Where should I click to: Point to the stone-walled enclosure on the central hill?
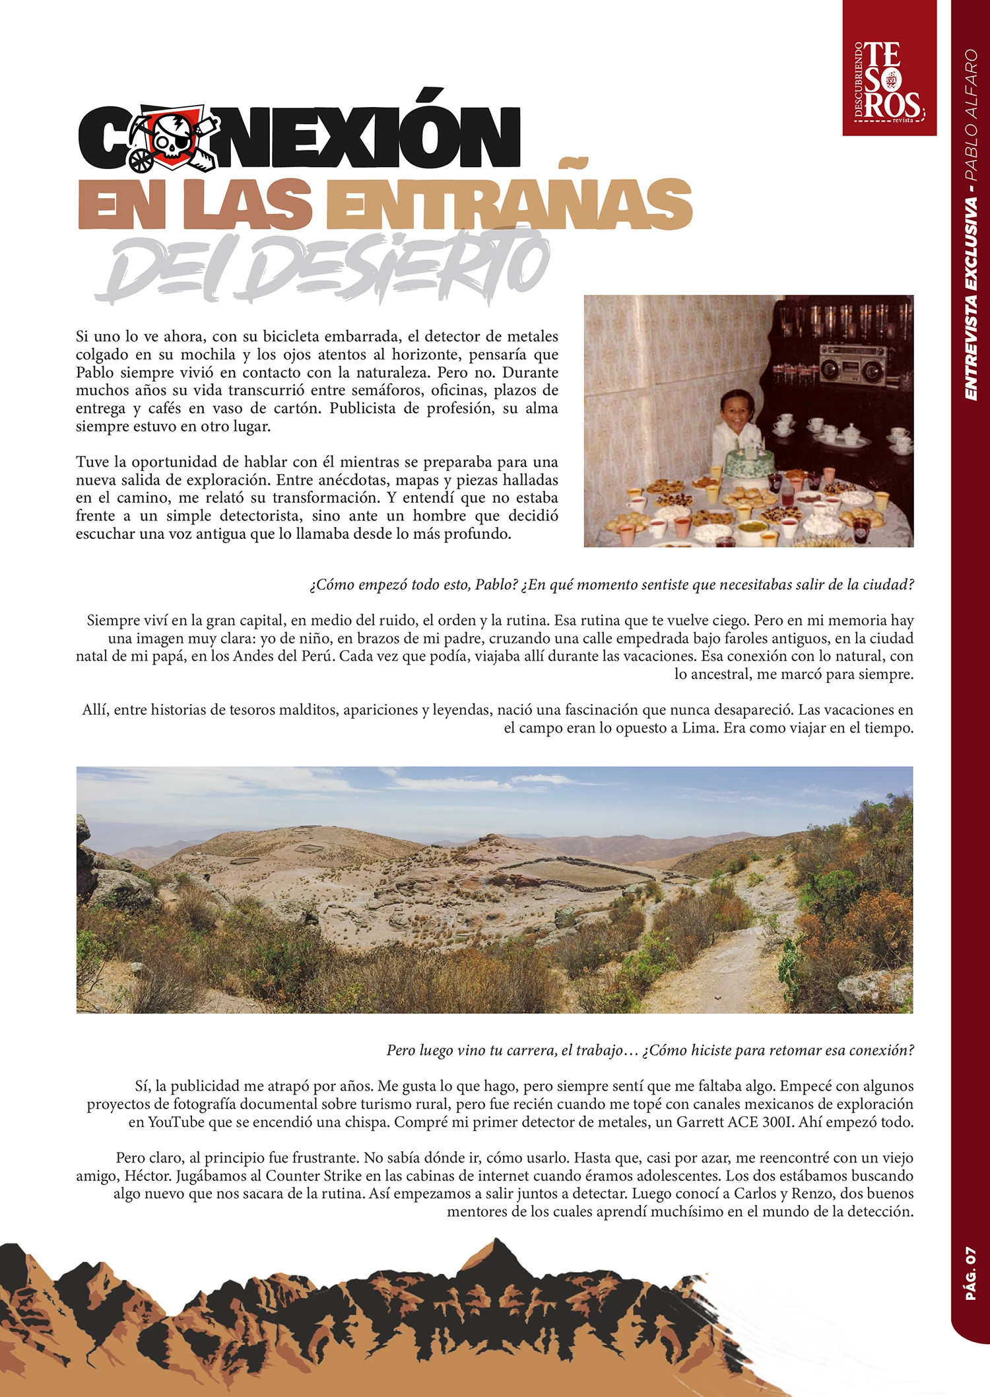581,872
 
